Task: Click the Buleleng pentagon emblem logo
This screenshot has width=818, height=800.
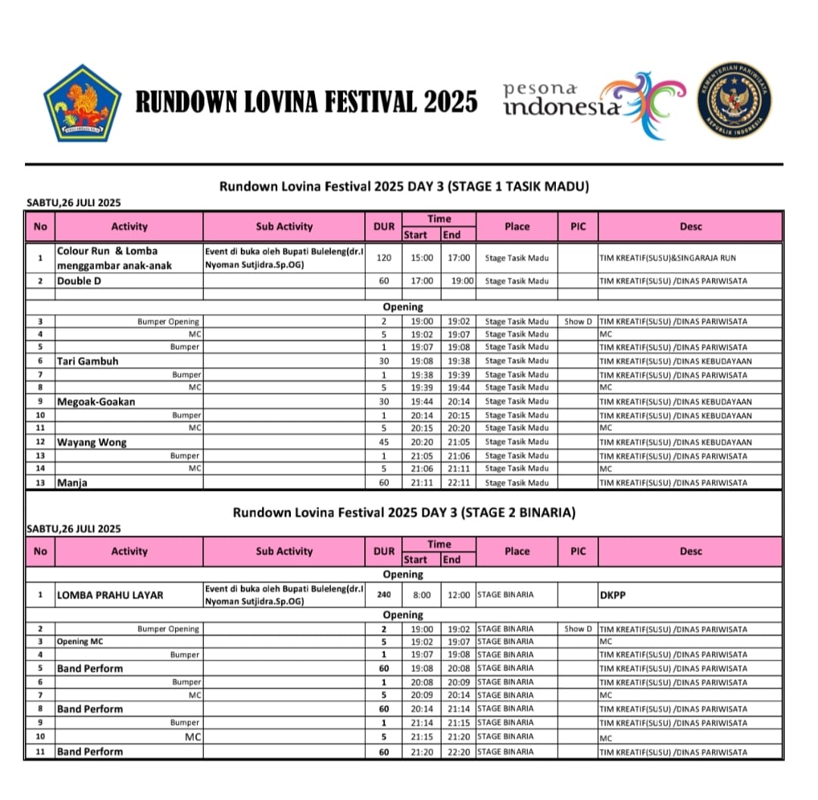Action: [x=77, y=103]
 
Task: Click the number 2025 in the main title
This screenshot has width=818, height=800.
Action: [x=451, y=102]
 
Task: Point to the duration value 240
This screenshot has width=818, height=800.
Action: [x=384, y=595]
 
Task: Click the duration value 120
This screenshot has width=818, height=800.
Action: [x=384, y=258]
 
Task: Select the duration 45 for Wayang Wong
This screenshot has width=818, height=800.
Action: [x=384, y=442]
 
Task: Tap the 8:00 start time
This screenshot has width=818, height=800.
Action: [x=423, y=595]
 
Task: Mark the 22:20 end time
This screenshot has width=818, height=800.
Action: [x=457, y=752]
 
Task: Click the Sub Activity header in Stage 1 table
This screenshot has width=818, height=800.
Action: [x=284, y=227]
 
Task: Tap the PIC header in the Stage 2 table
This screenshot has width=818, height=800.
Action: [x=578, y=552]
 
